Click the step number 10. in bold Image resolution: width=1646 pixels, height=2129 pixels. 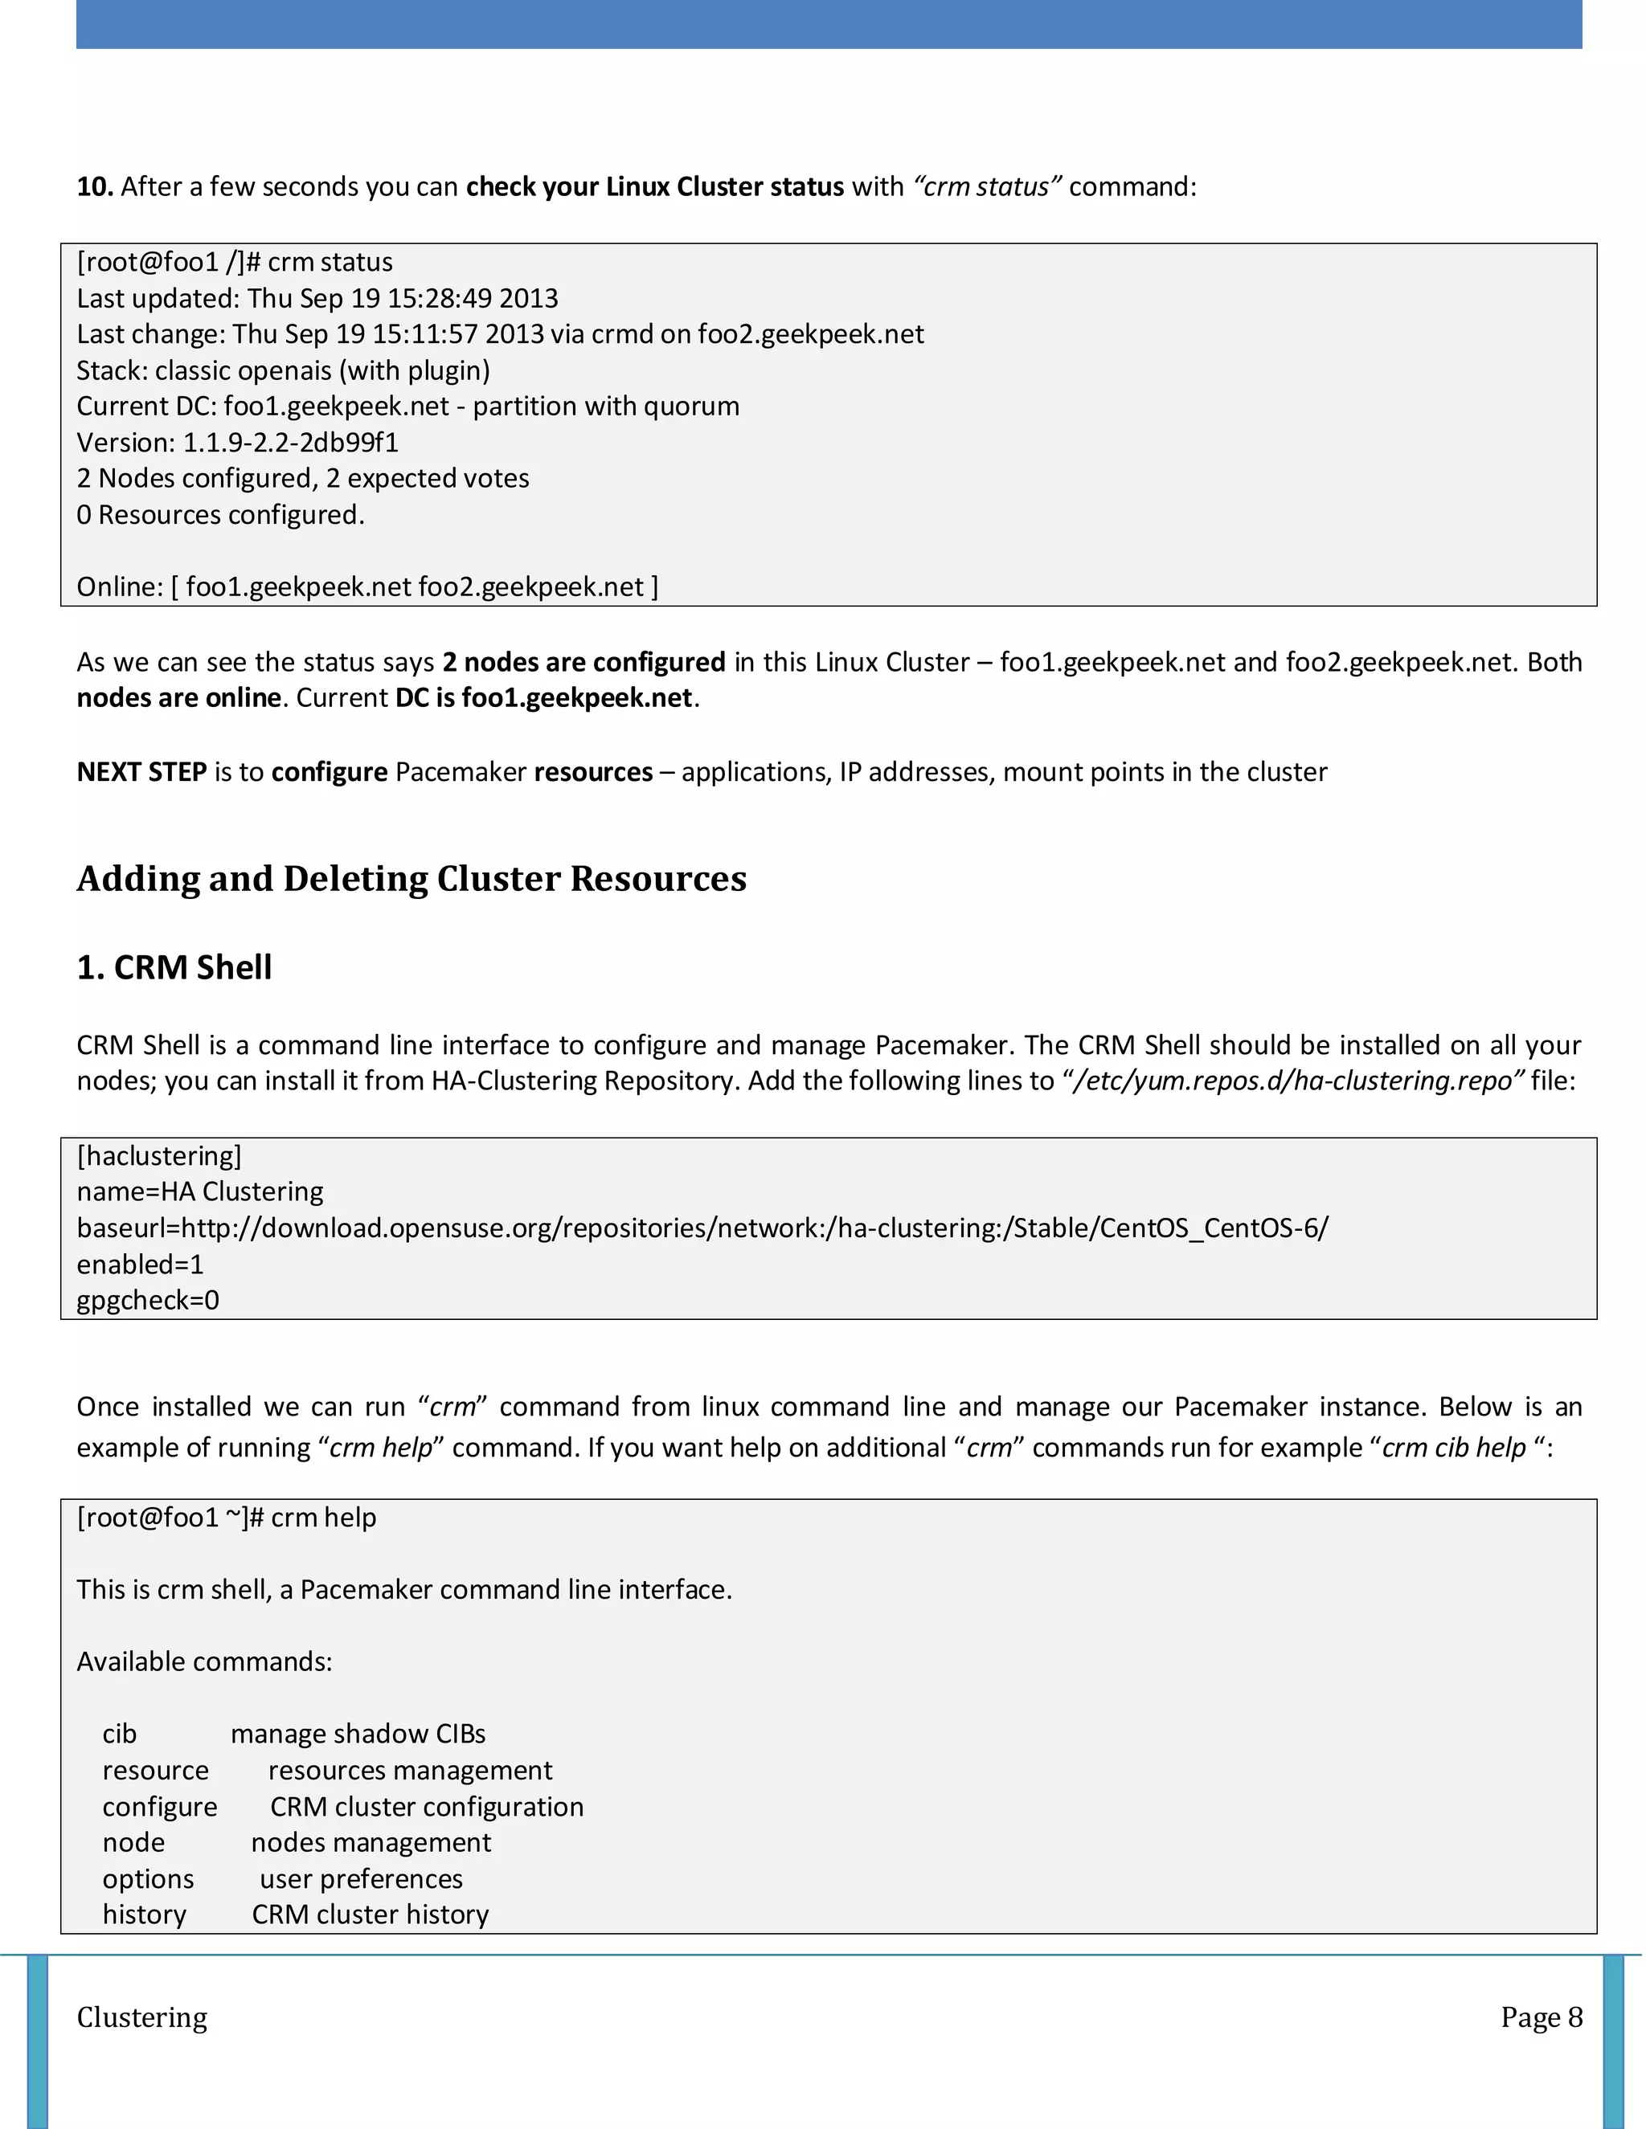[x=95, y=186]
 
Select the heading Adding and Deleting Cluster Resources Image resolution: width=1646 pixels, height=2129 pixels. [x=411, y=878]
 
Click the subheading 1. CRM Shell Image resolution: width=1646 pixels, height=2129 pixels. [x=174, y=967]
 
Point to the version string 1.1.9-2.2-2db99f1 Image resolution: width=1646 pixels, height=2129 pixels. [x=291, y=443]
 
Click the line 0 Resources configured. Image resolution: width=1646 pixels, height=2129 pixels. [x=220, y=515]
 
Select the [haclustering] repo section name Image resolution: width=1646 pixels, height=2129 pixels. [x=159, y=1156]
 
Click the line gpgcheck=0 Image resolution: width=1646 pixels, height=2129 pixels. [x=148, y=1301]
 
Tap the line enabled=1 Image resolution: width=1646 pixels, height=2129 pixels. [x=141, y=1265]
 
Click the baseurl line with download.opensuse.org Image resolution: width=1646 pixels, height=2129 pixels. [x=702, y=1228]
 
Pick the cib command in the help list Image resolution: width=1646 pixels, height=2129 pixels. [x=119, y=1735]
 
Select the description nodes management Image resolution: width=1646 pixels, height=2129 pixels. [x=371, y=1842]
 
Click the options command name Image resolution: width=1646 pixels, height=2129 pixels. [x=148, y=1878]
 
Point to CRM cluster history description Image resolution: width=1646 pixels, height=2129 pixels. [x=371, y=1914]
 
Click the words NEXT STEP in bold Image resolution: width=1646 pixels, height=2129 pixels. [x=141, y=772]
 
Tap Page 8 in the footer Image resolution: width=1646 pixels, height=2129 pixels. [x=1541, y=2018]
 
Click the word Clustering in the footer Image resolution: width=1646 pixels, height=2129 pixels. [x=142, y=2018]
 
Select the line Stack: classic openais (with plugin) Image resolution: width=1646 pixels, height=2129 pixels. [x=283, y=370]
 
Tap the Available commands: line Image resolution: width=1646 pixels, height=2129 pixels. [x=205, y=1662]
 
